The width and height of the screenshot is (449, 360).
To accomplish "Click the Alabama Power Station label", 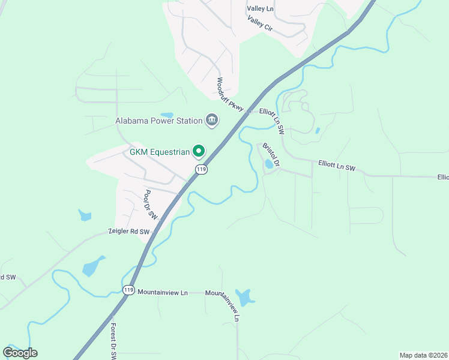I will (159, 121).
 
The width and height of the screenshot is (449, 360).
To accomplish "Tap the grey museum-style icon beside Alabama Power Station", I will (211, 121).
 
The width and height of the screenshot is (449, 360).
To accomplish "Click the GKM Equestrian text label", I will (160, 152).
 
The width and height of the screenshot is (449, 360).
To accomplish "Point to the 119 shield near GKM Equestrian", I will (201, 170).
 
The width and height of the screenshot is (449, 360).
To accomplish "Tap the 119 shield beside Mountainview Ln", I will (128, 290).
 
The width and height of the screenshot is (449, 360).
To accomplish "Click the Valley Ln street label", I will (260, 8).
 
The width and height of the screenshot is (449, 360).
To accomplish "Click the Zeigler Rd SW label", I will (128, 231).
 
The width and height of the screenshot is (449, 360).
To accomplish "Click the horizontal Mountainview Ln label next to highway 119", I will (163, 292).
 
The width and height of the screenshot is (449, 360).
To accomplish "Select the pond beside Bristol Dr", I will (268, 164).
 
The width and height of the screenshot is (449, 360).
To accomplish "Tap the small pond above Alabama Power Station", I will (167, 115).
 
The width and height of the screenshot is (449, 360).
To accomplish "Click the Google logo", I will (20, 352).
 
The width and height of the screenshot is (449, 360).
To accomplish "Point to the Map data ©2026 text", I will (423, 355).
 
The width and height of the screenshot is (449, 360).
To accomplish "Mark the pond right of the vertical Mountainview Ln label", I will (244, 296).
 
